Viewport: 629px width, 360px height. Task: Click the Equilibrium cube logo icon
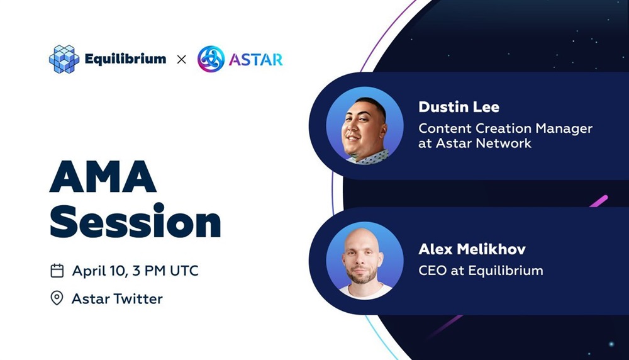64,59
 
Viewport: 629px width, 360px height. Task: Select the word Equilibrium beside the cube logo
125,59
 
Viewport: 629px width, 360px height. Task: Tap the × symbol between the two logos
181,59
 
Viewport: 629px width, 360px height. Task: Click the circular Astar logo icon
211,59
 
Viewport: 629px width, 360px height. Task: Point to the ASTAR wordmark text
256,60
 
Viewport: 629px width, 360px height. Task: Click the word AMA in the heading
103,177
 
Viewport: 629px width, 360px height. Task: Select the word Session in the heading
135,221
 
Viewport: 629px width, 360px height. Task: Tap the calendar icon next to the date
57,271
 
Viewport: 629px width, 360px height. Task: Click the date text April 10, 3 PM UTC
135,271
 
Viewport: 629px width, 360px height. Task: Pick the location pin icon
57,298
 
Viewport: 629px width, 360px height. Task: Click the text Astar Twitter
117,298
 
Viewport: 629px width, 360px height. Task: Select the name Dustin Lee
459,107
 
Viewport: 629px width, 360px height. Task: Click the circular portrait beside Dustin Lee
365,126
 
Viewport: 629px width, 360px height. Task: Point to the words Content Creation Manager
506,128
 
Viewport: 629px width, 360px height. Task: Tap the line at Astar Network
475,143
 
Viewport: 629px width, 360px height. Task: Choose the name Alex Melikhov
472,249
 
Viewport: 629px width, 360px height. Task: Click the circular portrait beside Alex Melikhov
365,261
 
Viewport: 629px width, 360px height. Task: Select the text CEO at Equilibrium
481,271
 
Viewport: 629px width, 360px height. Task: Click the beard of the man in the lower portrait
362,276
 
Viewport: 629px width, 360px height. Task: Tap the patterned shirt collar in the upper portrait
371,157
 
